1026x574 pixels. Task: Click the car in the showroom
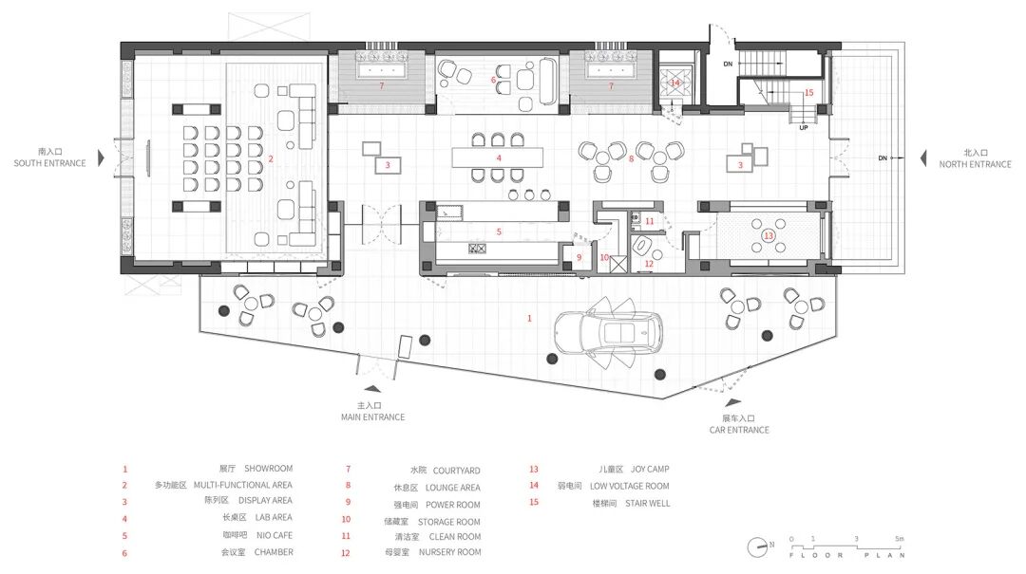tap(608, 332)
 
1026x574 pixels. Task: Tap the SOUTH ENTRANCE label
tap(49, 163)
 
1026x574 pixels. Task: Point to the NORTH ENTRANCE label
tap(975, 165)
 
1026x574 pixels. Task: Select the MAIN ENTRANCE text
tap(373, 417)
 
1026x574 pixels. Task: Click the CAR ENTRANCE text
tap(739, 430)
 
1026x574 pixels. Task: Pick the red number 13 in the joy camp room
tap(769, 236)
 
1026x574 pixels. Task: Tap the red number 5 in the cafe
tap(499, 232)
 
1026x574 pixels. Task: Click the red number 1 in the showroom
tap(529, 319)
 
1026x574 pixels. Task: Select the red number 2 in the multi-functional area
tap(270, 158)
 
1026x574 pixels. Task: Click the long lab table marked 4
tap(497, 157)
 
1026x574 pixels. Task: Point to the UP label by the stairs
tap(804, 127)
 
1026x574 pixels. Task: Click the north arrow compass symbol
tap(759, 546)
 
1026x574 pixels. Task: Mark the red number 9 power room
tap(579, 257)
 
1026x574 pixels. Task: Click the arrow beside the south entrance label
tap(101, 157)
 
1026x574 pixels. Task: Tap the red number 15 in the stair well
tap(808, 93)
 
